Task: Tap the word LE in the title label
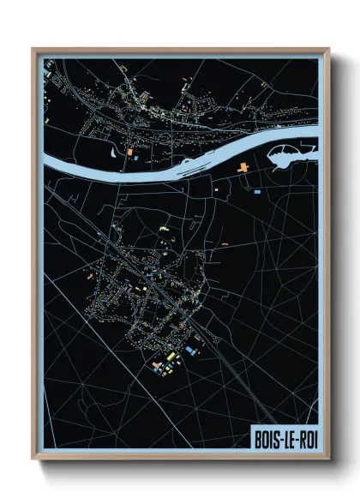point(285,438)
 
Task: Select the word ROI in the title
point(303,438)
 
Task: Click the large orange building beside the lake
point(244,165)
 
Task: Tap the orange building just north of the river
point(131,152)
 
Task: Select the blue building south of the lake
point(256,194)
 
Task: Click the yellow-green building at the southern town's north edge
point(164,230)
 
